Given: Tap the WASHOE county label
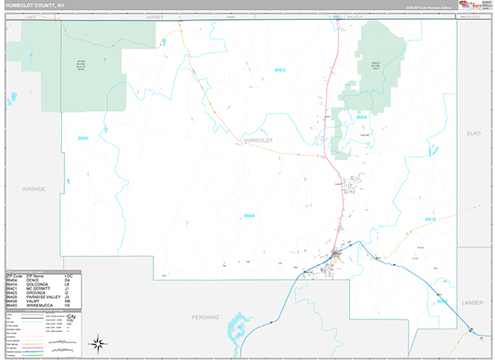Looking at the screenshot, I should [33, 189].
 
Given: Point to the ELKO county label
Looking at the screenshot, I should [473, 132].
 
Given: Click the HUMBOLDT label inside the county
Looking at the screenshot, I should [258, 140].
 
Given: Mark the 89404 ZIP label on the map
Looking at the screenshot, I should [82, 138].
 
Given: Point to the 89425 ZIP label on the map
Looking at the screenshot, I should [280, 70].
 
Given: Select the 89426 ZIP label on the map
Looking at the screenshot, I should [361, 117].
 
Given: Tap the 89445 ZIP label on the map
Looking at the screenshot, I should [249, 216].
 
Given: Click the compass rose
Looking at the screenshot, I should [97, 343].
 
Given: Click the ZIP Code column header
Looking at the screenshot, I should [15, 273].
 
